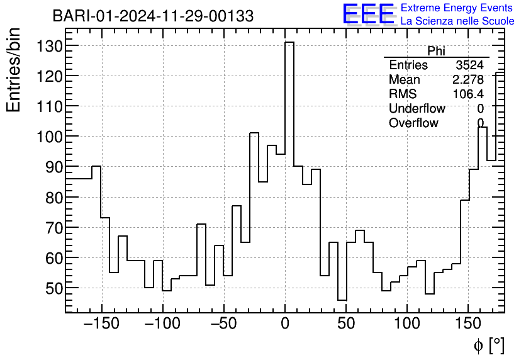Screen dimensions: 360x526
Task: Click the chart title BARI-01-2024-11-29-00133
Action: click(153, 16)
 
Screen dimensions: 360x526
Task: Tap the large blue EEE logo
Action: click(368, 14)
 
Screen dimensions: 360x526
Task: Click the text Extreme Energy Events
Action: click(457, 8)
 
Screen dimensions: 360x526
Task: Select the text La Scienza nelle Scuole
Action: click(457, 21)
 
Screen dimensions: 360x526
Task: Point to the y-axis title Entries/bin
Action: click(14, 70)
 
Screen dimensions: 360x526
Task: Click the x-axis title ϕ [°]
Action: click(488, 345)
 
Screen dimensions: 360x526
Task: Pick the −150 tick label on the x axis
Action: click(102, 323)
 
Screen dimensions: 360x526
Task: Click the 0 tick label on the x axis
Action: click(285, 323)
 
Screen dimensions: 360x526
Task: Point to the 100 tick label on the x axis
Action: click(407, 323)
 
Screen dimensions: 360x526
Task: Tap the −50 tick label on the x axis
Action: click(224, 323)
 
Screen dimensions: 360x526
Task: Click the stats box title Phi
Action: click(436, 51)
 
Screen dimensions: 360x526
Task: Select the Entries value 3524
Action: click(469, 65)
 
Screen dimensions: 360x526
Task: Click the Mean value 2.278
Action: click(468, 80)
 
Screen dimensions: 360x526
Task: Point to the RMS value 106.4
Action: click(468, 94)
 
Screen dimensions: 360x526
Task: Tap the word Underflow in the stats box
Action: click(417, 109)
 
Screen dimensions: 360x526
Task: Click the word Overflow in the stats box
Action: click(413, 123)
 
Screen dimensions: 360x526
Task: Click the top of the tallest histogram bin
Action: click(289, 43)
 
